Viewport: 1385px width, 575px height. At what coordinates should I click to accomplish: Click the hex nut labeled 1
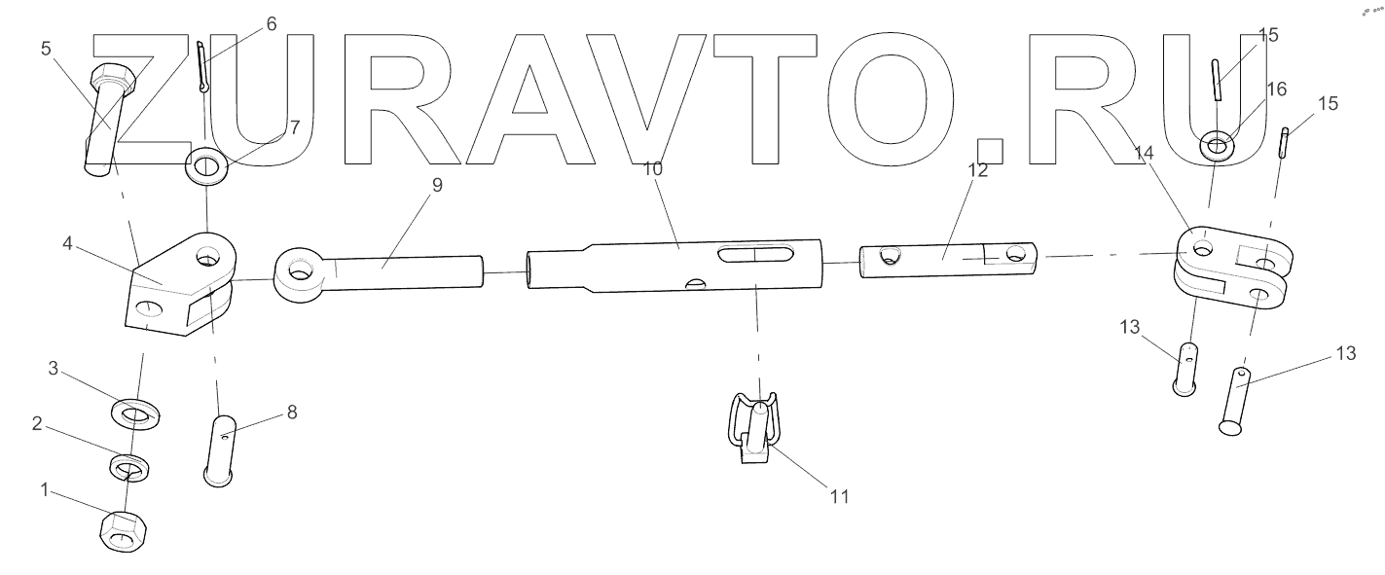[x=124, y=531]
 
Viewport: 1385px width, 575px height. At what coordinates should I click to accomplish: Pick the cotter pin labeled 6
[x=202, y=67]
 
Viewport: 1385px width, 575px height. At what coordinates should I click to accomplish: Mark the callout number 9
[x=437, y=185]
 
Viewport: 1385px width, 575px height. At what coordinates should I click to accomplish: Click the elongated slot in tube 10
[x=752, y=254]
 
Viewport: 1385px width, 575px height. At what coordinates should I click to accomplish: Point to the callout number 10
[x=652, y=168]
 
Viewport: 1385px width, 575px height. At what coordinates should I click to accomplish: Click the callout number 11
[x=838, y=496]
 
